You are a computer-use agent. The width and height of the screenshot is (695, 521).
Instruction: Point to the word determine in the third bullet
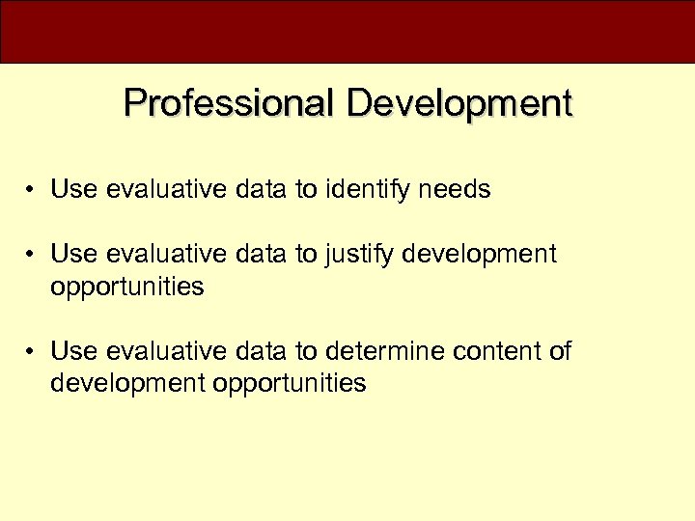click(375, 351)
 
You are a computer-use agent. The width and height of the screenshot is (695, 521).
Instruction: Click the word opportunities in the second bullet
click(127, 288)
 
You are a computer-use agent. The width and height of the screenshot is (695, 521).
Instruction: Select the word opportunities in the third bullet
click(290, 384)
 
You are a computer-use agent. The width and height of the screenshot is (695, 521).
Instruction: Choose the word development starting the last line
click(128, 384)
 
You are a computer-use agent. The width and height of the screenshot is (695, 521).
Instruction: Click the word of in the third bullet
click(560, 351)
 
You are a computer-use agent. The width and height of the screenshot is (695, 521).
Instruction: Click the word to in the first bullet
click(306, 190)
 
